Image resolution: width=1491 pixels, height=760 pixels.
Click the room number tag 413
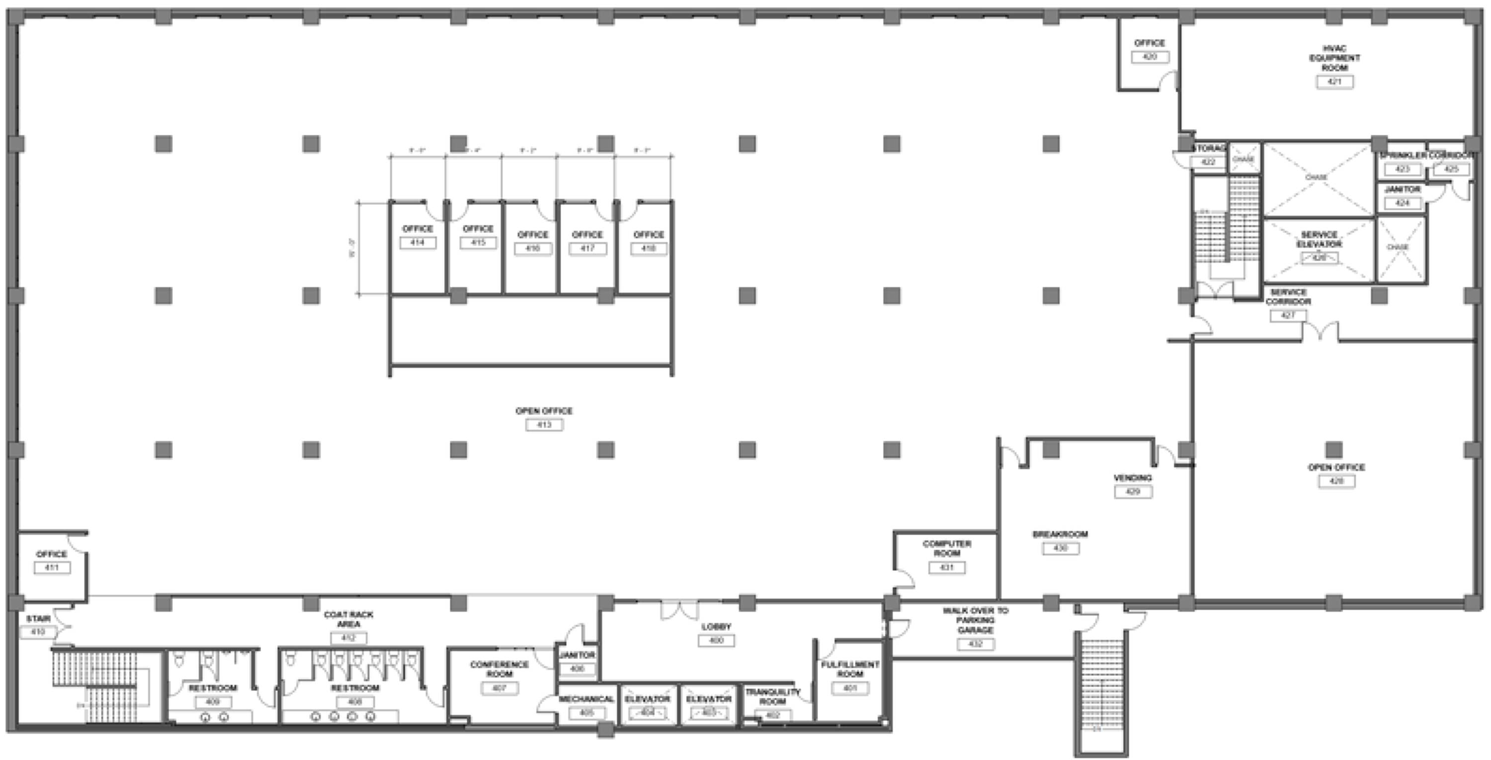544,425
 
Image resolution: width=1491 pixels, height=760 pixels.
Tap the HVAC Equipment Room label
1334,58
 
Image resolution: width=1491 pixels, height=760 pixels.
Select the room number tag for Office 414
417,242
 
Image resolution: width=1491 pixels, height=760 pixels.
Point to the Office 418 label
648,235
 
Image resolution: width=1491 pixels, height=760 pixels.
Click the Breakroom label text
1060,534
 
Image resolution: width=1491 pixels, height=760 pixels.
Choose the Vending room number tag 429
1133,492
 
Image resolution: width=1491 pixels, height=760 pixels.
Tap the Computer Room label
946,548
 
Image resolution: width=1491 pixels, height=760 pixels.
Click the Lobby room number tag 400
716,641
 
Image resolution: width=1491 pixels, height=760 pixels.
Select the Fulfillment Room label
850,669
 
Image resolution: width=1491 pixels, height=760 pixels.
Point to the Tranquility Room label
772,696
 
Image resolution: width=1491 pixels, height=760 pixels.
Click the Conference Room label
499,669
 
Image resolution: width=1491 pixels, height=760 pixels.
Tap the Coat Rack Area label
348,619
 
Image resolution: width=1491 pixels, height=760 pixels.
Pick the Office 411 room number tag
52,568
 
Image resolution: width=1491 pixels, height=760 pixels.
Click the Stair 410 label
38,619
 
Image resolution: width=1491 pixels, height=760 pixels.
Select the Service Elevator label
1319,239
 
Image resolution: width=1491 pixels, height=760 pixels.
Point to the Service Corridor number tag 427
1288,316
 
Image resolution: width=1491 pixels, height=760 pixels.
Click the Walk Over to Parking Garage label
975,620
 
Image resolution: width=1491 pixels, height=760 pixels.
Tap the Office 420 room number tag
1150,57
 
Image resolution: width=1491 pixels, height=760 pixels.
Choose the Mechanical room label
586,699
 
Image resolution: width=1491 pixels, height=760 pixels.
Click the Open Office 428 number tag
1336,481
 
